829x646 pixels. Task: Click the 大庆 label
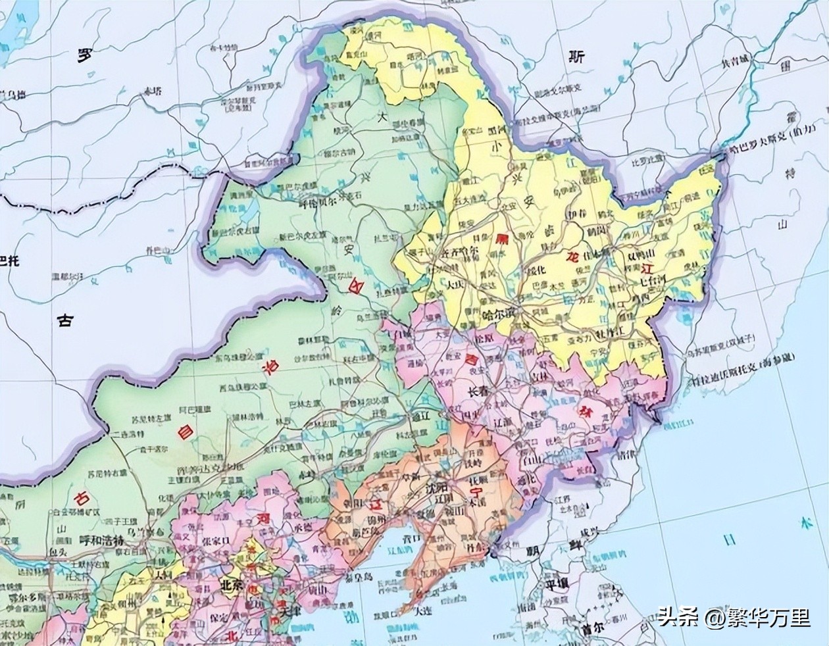[454, 286]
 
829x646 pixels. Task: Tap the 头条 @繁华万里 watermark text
[733, 617]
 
